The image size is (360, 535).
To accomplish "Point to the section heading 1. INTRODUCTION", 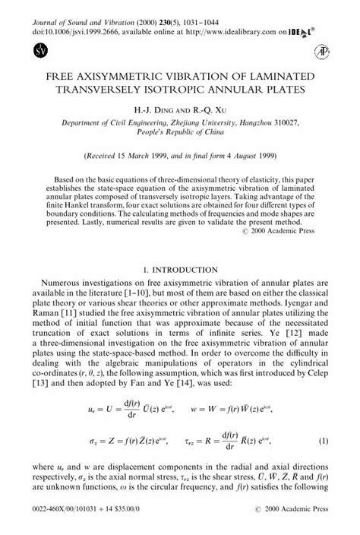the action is pyautogui.click(x=180, y=268).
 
